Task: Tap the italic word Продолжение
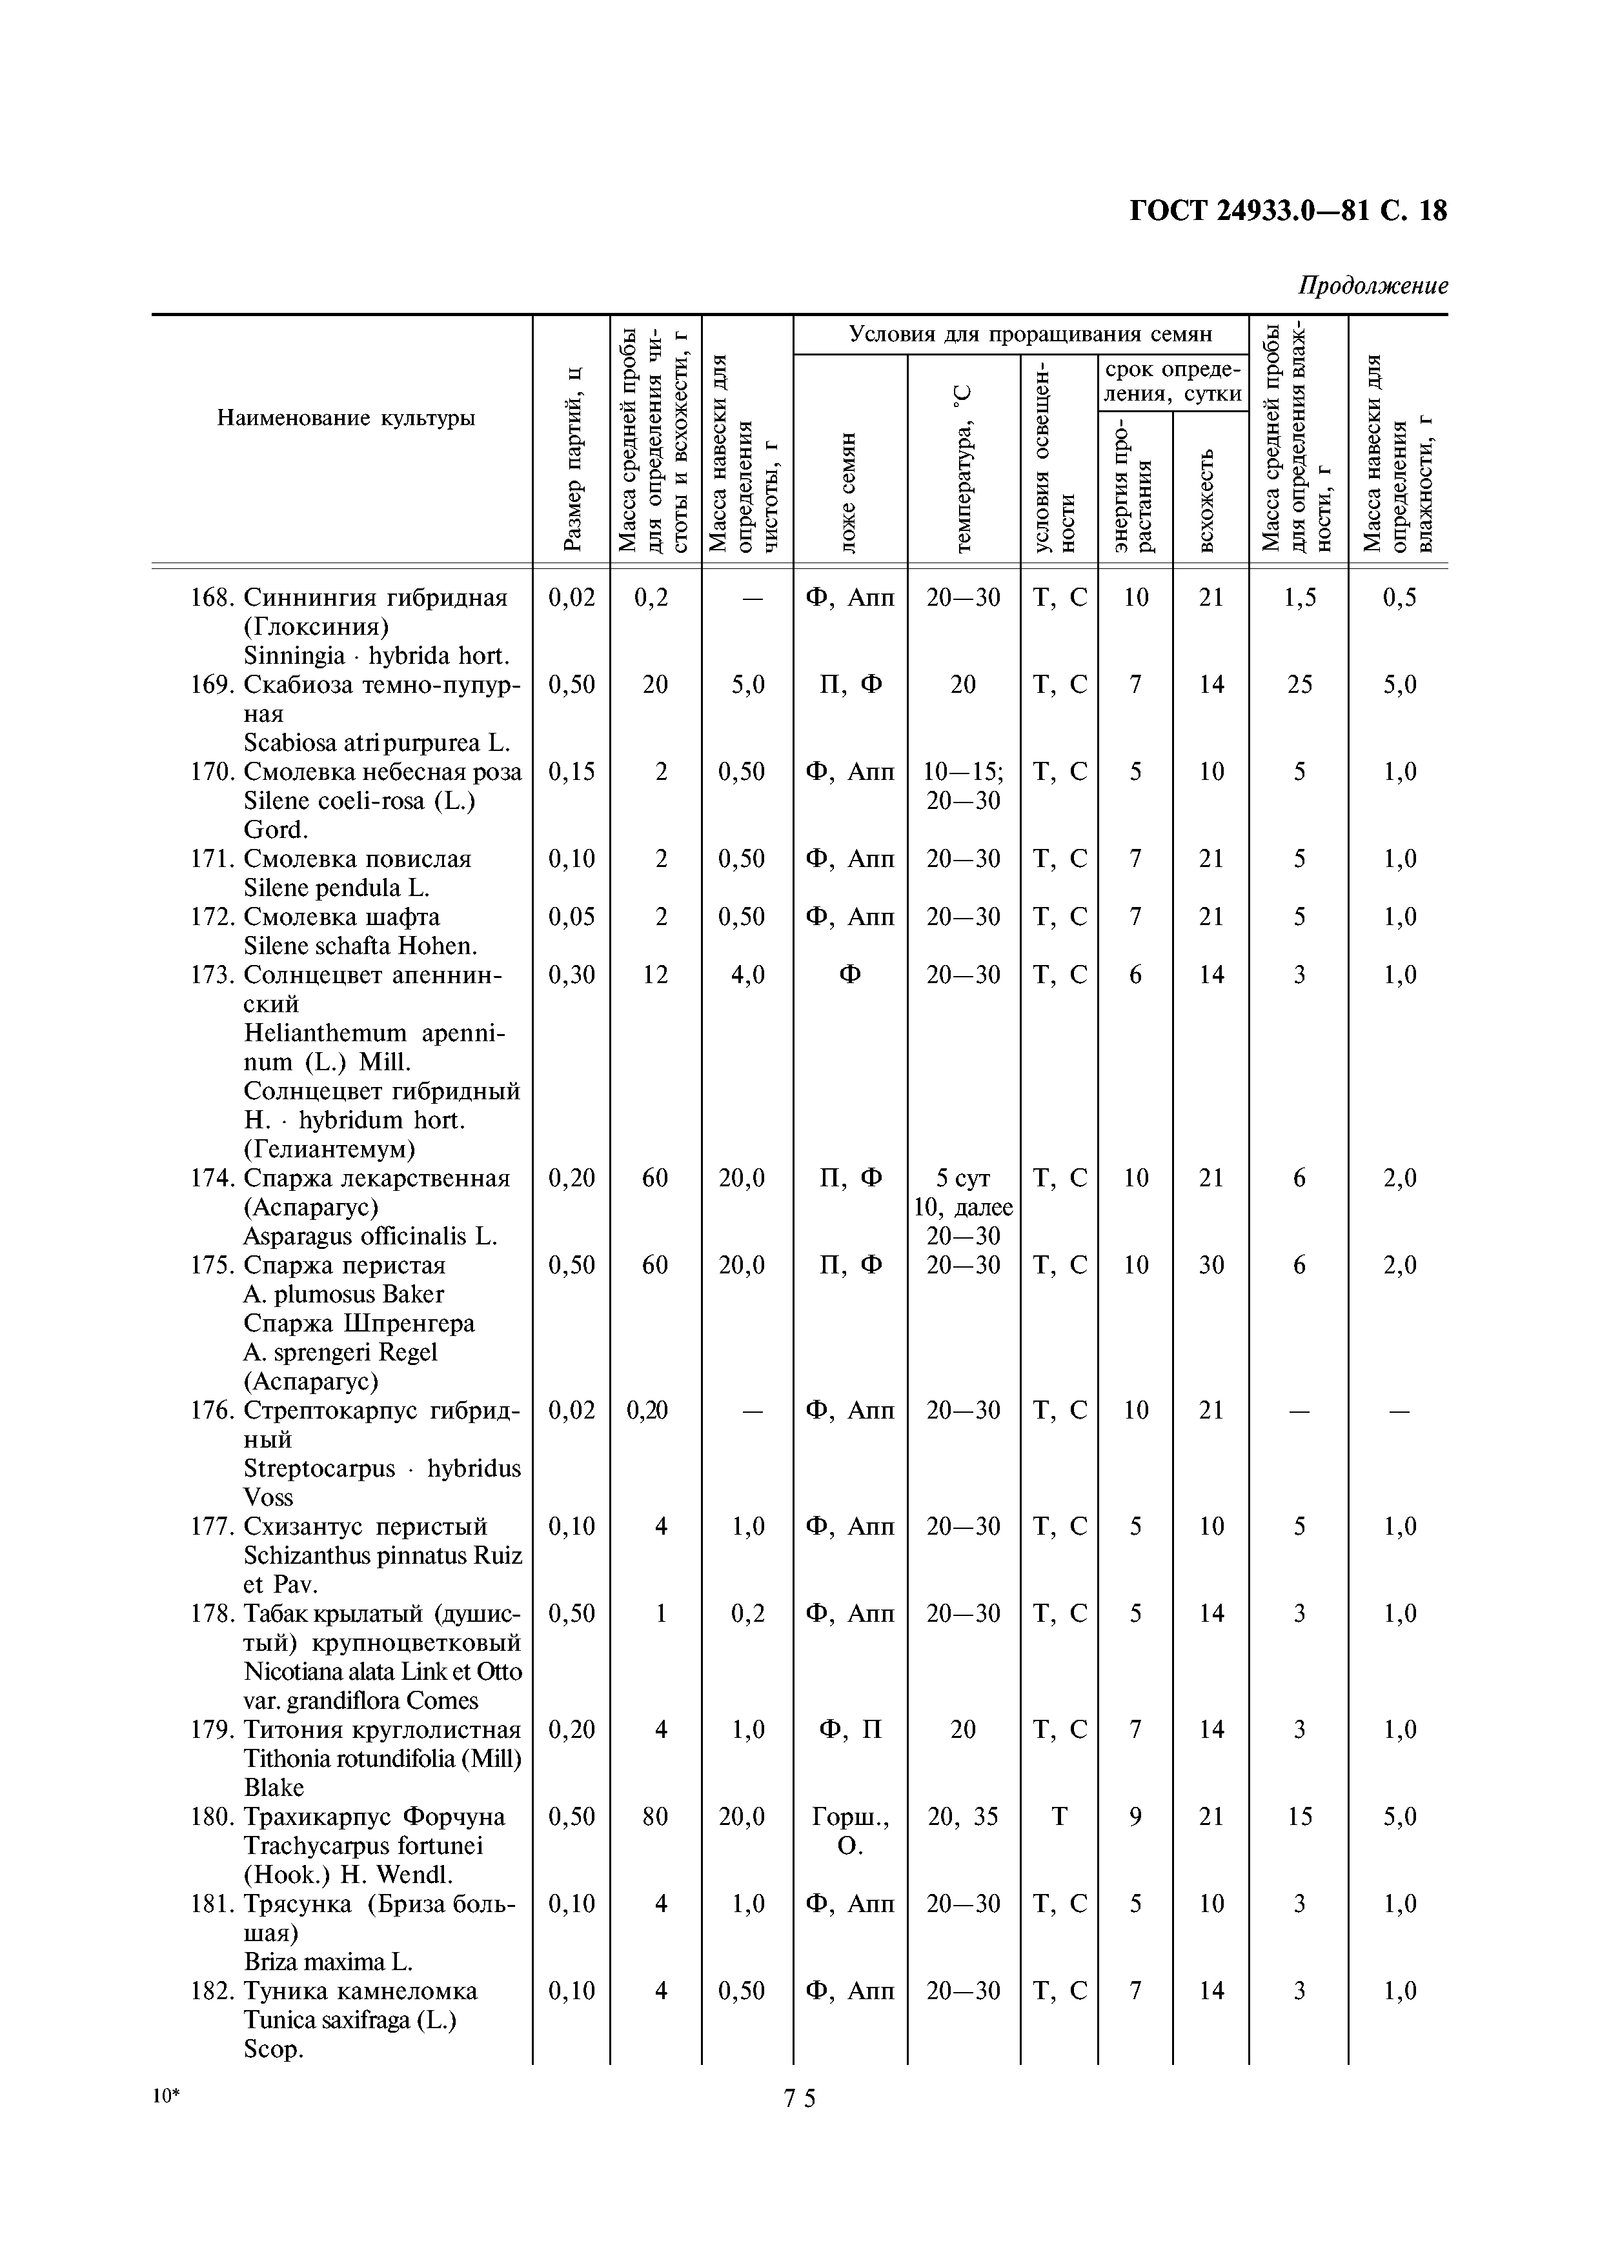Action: [x=1372, y=286]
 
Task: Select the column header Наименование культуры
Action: [x=345, y=418]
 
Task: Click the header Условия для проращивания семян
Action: [x=1020, y=334]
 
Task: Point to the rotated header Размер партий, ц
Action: [x=572, y=458]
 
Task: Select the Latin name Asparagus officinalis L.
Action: [x=370, y=1236]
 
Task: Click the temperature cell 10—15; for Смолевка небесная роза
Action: [x=962, y=772]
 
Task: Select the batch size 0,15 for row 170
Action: [x=572, y=772]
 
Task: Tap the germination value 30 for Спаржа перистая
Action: [x=1211, y=1264]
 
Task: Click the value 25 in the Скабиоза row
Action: [x=1299, y=684]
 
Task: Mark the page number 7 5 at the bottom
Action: [x=800, y=2099]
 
